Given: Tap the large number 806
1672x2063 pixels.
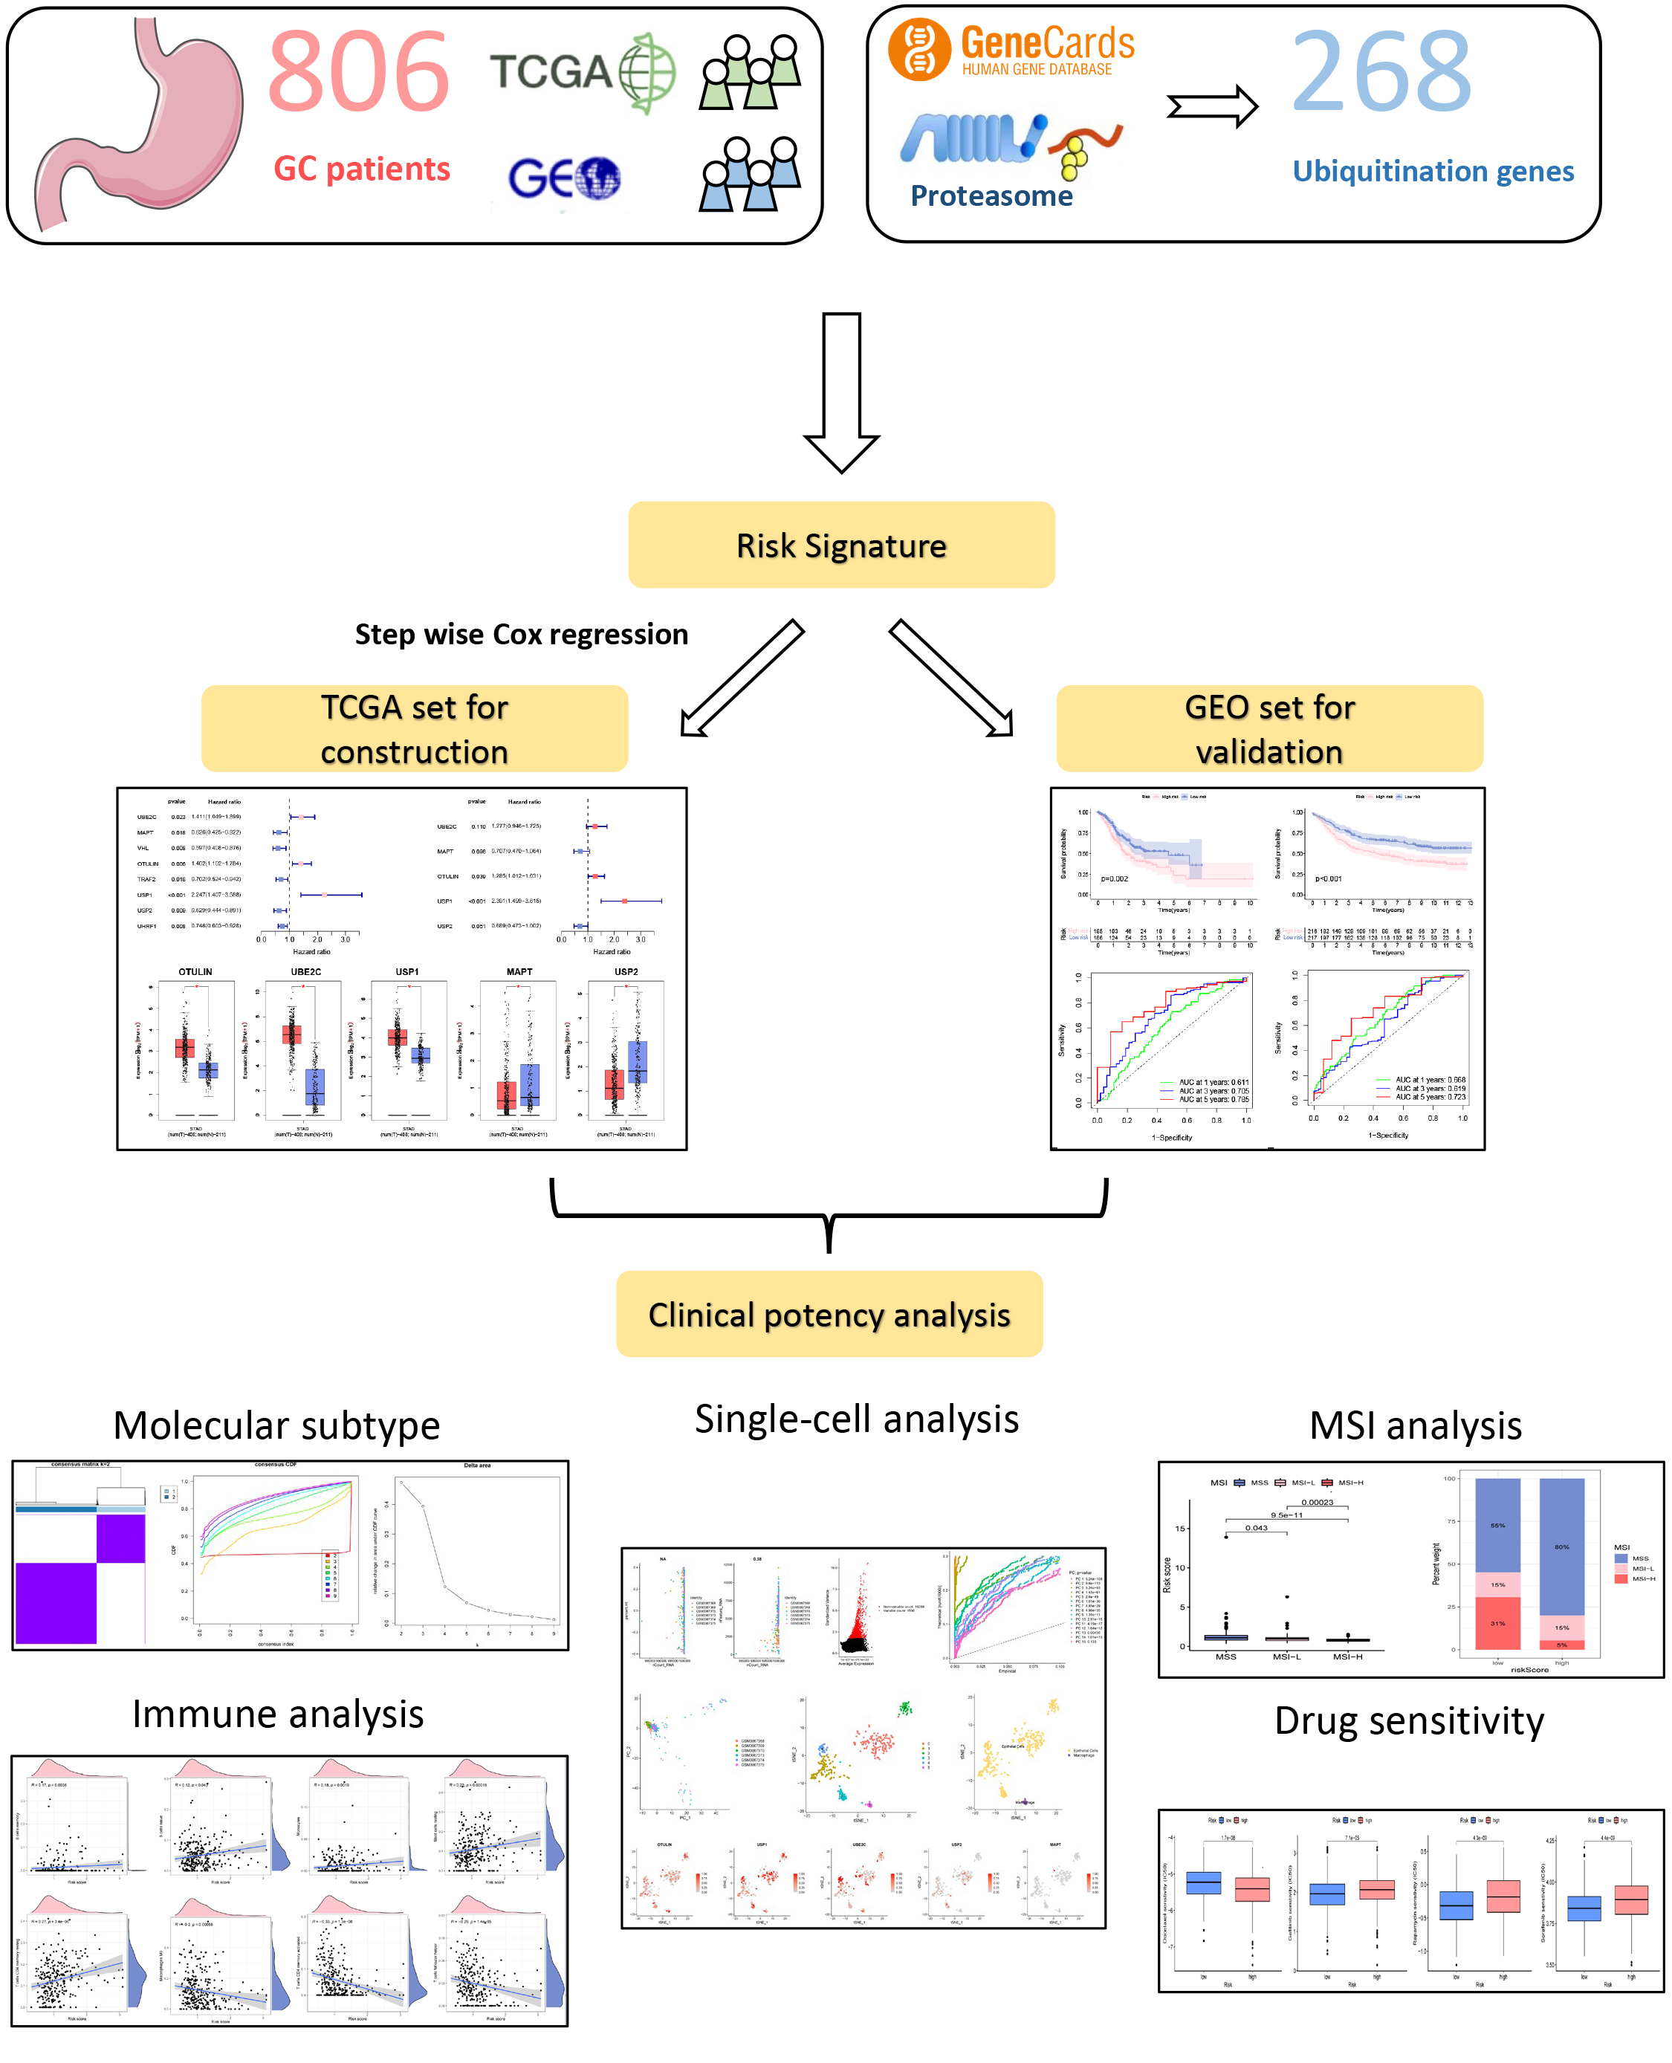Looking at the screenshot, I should point(358,72).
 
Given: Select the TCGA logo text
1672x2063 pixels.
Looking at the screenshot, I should point(551,72).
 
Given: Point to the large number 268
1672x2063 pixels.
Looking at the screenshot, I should point(1381,72).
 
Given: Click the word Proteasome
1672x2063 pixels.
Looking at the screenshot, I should point(991,196).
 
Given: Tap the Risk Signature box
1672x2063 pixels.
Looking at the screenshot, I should point(840,545).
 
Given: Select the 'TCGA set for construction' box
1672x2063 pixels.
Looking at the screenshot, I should point(414,729).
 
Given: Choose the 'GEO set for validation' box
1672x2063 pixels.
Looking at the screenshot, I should point(1269,729).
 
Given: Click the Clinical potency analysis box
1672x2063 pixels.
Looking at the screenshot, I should point(829,1315).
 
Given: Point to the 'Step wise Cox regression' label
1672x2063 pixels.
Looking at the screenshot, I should point(521,635).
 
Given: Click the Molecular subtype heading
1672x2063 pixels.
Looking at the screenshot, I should point(276,1425).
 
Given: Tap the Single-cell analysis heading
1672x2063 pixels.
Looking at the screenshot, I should point(856,1419).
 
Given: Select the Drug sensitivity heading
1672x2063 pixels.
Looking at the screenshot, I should point(1409,1721).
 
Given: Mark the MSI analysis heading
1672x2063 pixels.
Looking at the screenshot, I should point(1415,1425).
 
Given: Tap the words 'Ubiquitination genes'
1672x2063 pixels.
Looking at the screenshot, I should point(1432,172).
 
